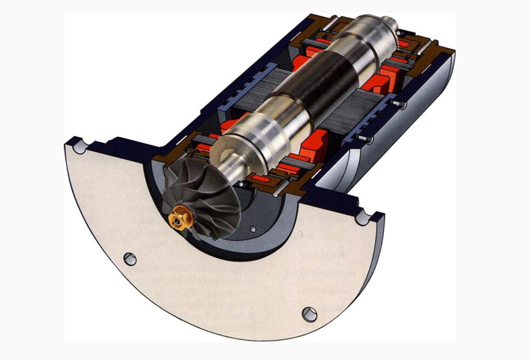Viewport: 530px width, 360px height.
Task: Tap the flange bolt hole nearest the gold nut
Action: pos(130,259)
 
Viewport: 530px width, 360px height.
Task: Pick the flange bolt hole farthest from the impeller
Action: pos(309,313)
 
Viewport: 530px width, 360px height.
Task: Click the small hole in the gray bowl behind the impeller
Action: pos(252,229)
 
